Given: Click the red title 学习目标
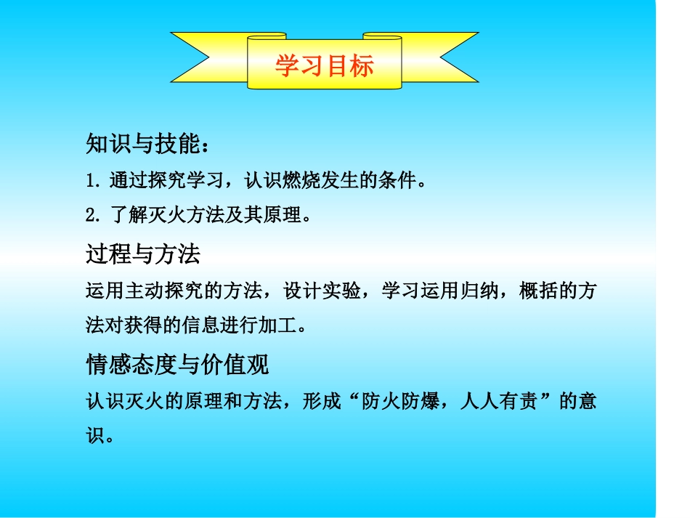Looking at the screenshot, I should [x=324, y=66].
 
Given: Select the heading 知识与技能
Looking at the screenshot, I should [x=142, y=144].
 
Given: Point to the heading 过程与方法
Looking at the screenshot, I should [x=142, y=254].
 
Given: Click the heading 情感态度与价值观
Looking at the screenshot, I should [x=177, y=364].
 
